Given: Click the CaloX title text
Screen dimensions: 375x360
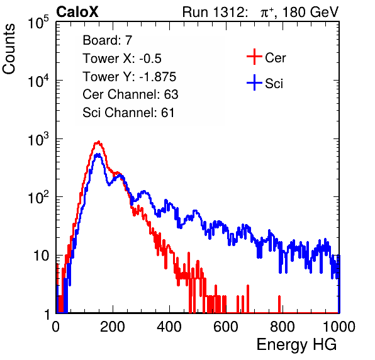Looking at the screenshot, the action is tap(77, 12).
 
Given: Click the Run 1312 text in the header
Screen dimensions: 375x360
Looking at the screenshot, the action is tap(215, 12).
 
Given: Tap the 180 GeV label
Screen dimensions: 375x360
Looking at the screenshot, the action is tap(310, 12).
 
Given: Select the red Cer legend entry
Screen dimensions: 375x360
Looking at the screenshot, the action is tap(266, 57).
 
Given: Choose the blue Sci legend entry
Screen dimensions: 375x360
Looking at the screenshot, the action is tap(265, 83).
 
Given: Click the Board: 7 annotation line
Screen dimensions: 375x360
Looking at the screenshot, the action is tap(108, 40).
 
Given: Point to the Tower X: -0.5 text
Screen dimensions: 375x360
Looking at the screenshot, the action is tap(122, 59).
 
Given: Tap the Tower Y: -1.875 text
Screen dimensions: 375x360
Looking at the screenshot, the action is tap(130, 77).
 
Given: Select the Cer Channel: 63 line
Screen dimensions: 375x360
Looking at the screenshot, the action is tap(130, 94).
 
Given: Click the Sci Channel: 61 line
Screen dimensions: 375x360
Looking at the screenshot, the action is tap(128, 113).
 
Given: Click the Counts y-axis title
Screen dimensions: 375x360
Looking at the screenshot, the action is tap(9, 49).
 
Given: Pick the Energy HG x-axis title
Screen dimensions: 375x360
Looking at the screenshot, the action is tap(296, 344).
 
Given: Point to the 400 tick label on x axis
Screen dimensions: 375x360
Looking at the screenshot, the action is tap(169, 327).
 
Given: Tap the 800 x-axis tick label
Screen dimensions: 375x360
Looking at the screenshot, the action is tap(283, 327).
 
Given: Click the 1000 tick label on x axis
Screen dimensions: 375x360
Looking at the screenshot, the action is tap(339, 327).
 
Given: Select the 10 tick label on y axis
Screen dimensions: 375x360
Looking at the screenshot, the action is tap(41, 256).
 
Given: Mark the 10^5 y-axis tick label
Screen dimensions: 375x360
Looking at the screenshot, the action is tap(38, 23).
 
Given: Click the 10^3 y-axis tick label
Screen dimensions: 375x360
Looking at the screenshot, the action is tap(38, 140).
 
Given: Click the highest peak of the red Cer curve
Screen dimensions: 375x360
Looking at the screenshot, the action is tap(98, 142).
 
